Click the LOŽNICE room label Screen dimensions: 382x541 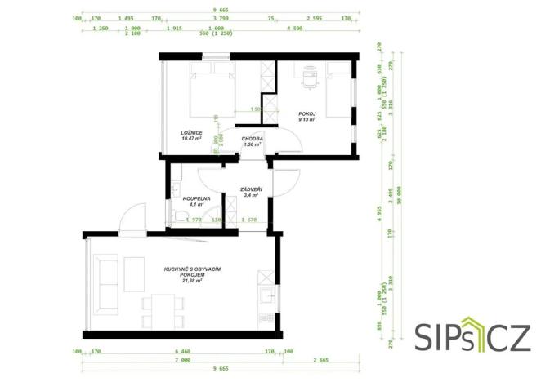(192, 131)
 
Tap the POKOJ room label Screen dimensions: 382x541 (306, 114)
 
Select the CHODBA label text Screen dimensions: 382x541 (252, 139)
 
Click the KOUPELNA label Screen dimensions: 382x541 (197, 198)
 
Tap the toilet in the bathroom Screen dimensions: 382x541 (181, 216)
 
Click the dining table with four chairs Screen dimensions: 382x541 (158, 311)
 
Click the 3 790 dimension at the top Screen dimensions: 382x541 (219, 16)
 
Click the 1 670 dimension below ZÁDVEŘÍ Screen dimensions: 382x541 (250, 220)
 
